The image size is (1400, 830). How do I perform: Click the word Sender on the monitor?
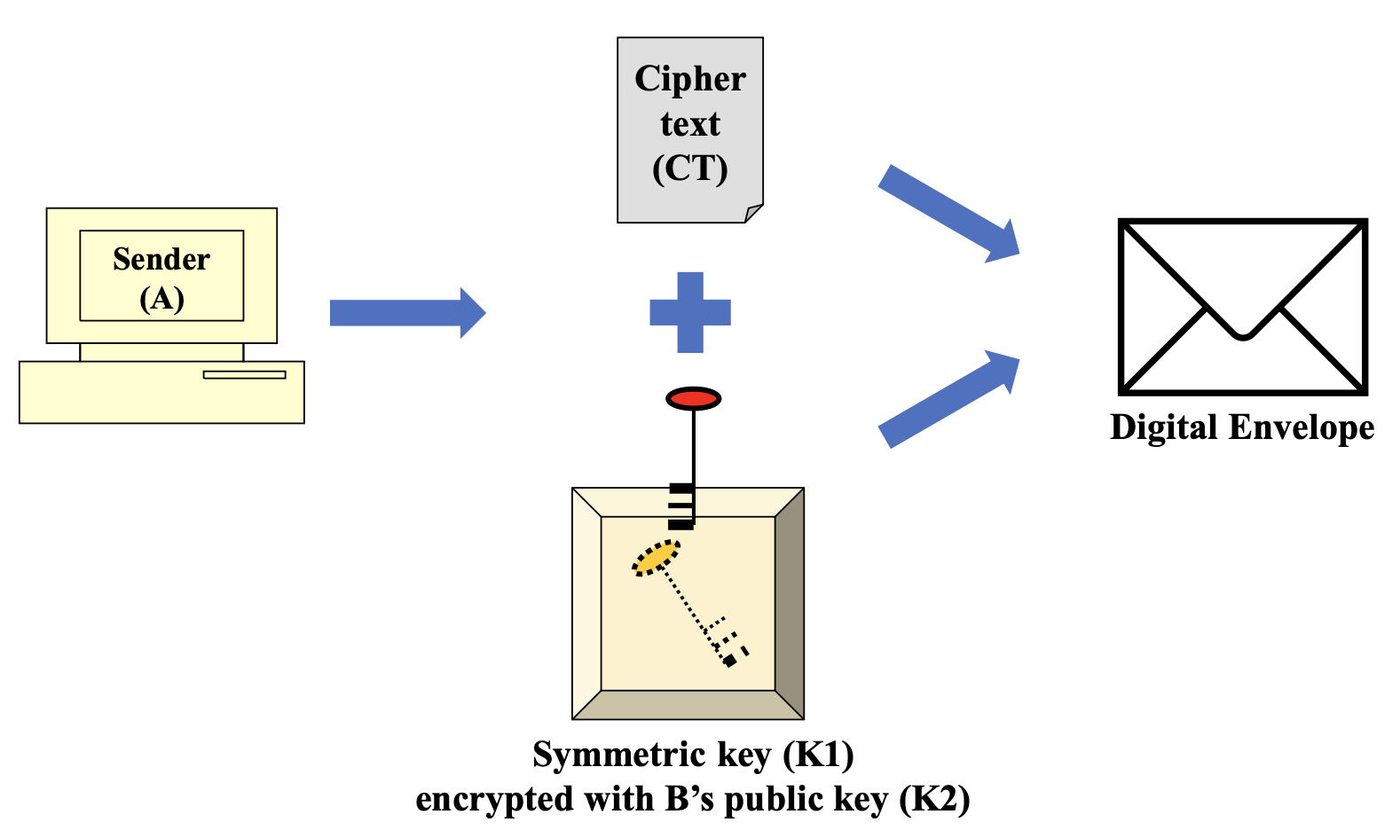(161, 259)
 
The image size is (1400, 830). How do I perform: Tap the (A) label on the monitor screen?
(161, 299)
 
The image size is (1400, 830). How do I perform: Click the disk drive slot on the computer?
(244, 374)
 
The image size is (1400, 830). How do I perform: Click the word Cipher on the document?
(690, 79)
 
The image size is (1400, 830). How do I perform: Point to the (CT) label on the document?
(690, 168)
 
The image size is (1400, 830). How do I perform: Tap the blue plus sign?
(690, 312)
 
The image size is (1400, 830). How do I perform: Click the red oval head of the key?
(694, 399)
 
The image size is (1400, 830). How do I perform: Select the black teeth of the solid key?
(681, 506)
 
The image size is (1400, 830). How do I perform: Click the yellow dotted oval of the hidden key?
(656, 559)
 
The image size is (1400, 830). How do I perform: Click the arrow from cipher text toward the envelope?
(948, 213)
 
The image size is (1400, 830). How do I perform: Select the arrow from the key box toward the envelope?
(948, 399)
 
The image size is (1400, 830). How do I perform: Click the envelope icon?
(1242, 306)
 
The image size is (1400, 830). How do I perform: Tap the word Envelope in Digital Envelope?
(1302, 427)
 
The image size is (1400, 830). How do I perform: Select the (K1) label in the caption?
(818, 755)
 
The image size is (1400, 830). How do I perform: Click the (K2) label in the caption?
(934, 799)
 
